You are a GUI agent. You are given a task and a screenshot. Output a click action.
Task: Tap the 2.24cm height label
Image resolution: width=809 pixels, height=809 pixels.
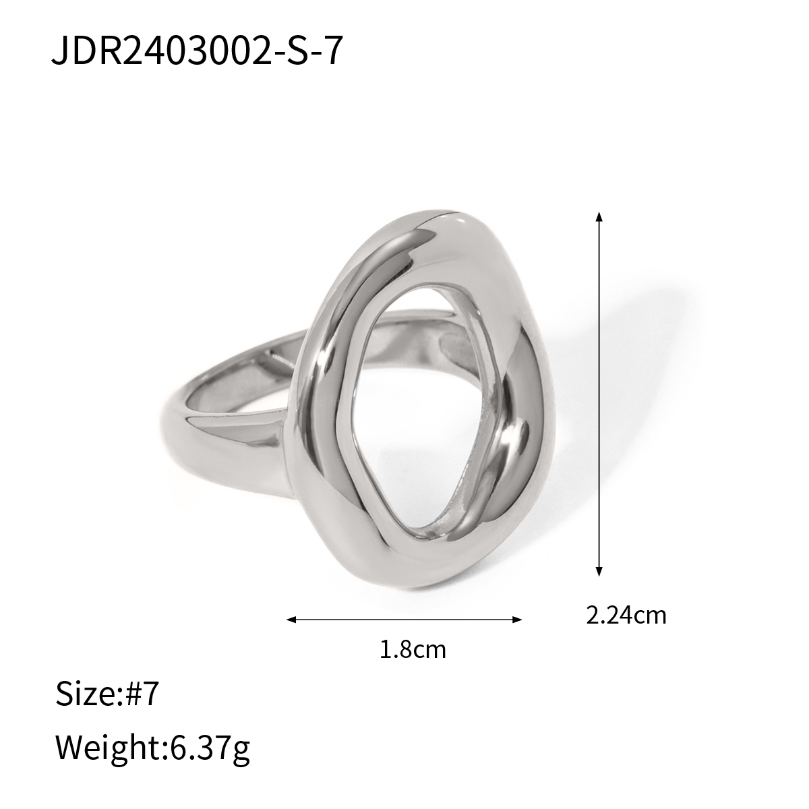pyautogui.click(x=626, y=615)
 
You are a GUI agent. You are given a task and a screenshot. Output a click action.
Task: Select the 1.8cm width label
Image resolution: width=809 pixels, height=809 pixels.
pyautogui.click(x=413, y=650)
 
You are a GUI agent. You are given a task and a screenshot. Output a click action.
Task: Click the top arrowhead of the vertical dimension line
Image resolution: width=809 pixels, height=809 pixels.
pyautogui.click(x=599, y=217)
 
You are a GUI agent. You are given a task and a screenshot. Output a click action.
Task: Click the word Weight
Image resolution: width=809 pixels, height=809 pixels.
pyautogui.click(x=105, y=746)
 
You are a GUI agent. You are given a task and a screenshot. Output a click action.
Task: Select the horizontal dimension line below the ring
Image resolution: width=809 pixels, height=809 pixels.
pyautogui.click(x=404, y=619)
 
